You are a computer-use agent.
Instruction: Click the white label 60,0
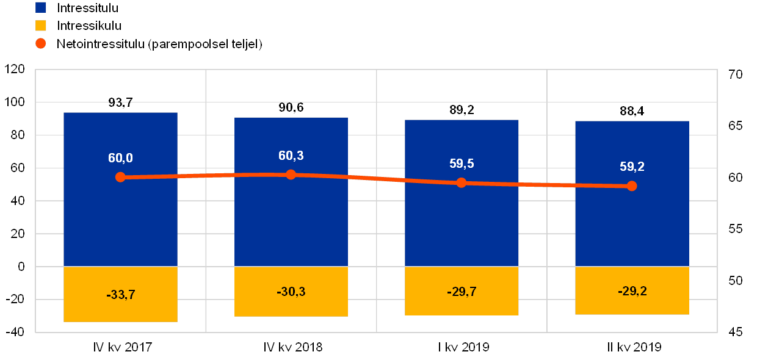(120, 158)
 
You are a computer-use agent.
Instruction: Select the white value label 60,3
(291, 156)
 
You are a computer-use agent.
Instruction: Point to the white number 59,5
(462, 164)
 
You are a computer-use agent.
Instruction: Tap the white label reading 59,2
(632, 167)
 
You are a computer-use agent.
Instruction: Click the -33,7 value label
(120, 295)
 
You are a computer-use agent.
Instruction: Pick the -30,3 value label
(291, 292)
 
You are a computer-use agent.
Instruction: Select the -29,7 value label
(462, 292)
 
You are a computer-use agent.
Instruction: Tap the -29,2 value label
(632, 291)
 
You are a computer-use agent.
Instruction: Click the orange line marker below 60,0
(120, 177)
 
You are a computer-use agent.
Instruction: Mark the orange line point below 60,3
(291, 175)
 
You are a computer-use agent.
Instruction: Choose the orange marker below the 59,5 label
(462, 182)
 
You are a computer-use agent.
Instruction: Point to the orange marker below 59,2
(632, 185)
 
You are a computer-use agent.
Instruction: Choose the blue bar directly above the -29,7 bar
(462, 226)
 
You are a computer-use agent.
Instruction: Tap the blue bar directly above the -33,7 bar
(120, 226)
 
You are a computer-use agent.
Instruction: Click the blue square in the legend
(41, 7)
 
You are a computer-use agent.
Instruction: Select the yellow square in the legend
(41, 26)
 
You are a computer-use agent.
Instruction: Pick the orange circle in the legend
(41, 43)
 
